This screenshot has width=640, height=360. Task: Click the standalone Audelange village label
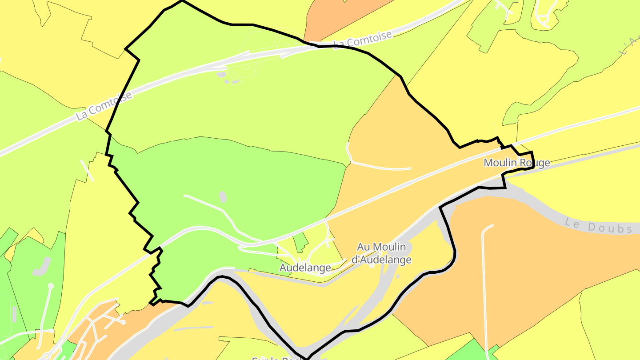coord(305,268)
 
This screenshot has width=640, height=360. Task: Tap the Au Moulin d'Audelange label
coord(382,253)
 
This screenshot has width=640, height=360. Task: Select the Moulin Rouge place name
coord(516,163)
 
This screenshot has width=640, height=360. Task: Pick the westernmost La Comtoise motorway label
coord(104,106)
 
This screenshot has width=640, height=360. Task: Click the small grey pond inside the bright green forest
coord(223,196)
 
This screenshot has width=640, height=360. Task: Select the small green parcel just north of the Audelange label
coord(300,240)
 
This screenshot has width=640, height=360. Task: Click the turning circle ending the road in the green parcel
coord(50,286)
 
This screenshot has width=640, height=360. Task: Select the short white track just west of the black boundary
coord(87,170)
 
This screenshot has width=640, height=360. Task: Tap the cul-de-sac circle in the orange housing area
coord(123,322)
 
